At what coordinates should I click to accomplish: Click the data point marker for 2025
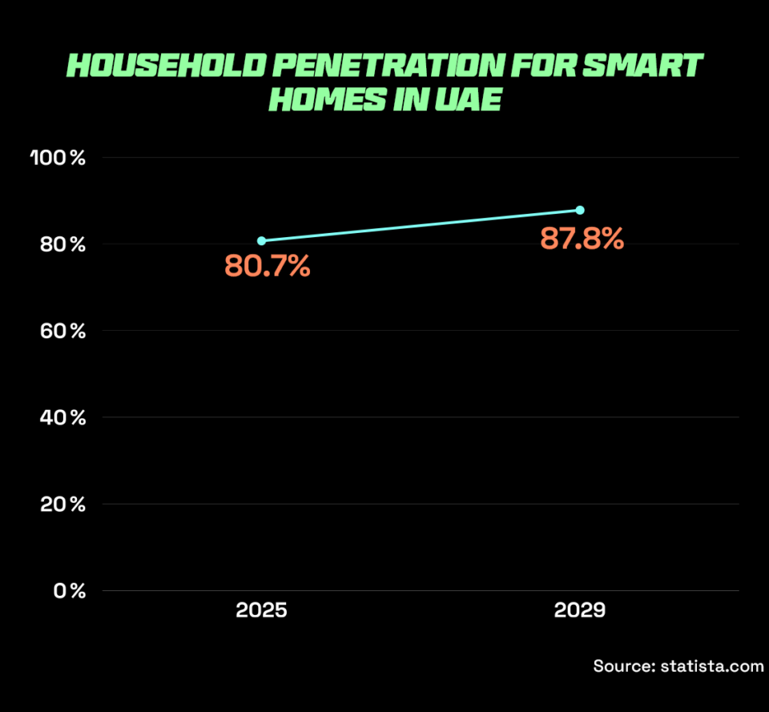pyautogui.click(x=261, y=240)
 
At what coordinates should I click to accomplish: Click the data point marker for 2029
pyautogui.click(x=580, y=210)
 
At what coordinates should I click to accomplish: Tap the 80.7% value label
pyautogui.click(x=267, y=266)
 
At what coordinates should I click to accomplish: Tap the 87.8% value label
pyautogui.click(x=581, y=238)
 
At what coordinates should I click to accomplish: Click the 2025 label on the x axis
pyautogui.click(x=261, y=611)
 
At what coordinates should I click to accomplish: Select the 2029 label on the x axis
pyautogui.click(x=580, y=611)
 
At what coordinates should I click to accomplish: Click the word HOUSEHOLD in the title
pyautogui.click(x=164, y=65)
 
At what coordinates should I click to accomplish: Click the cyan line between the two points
pyautogui.click(x=421, y=225)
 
